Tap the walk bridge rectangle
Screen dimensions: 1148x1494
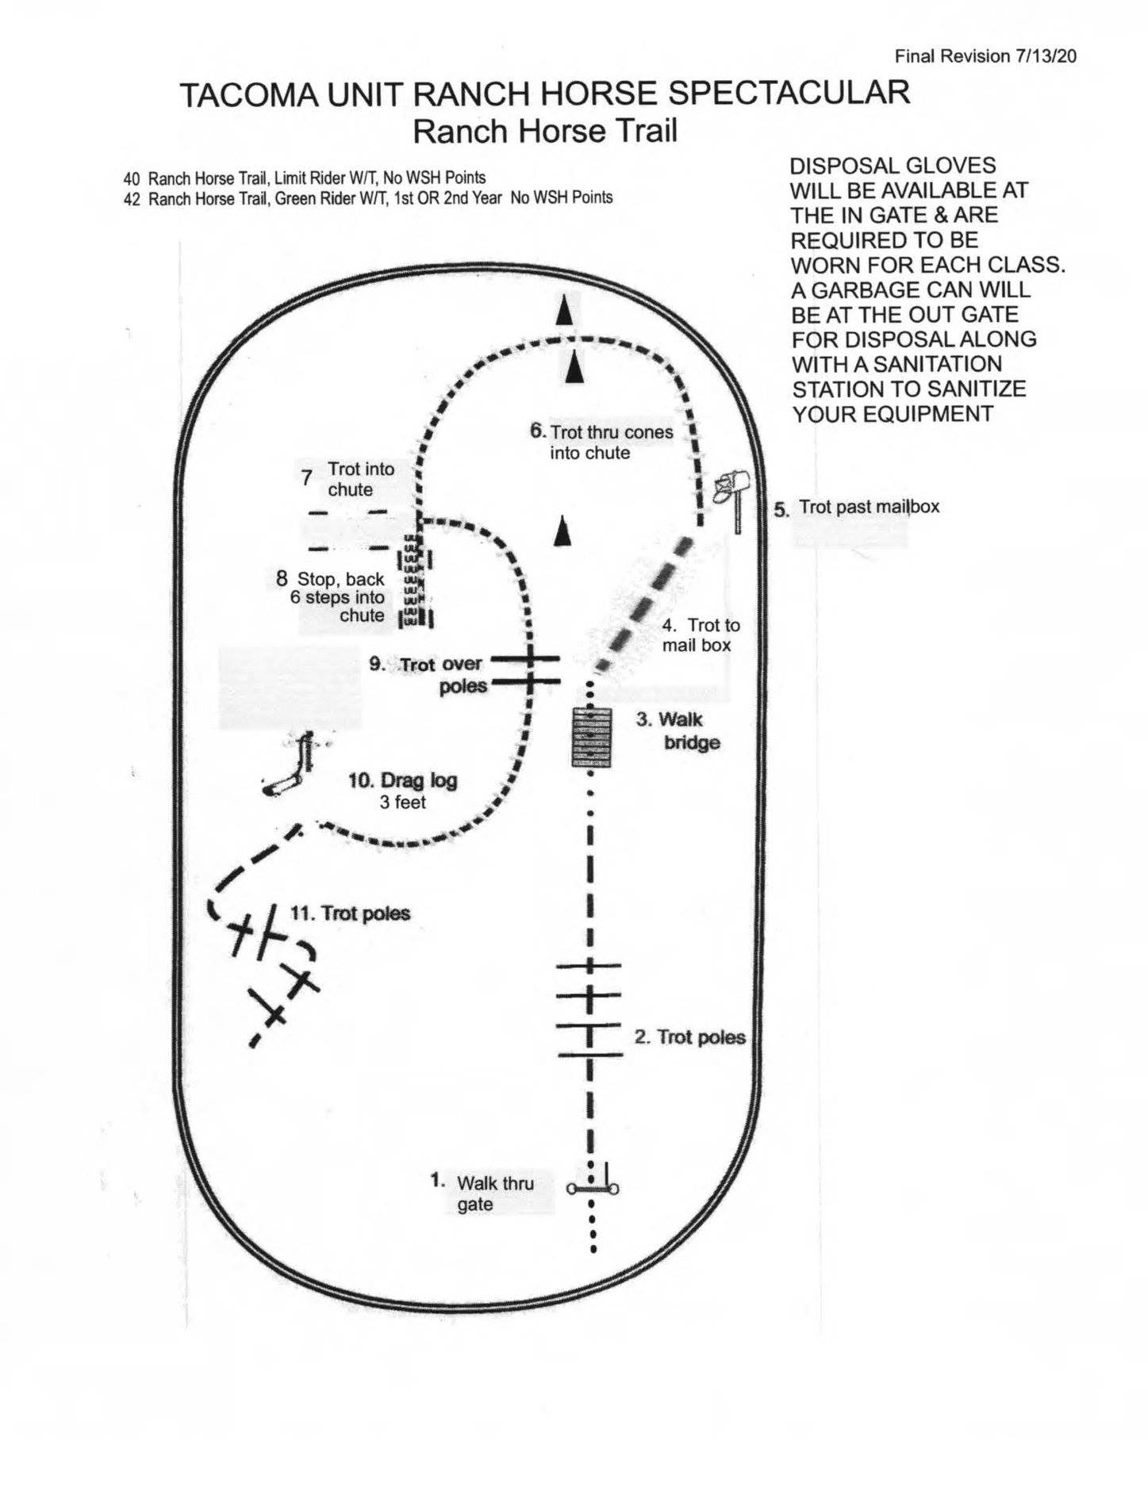point(593,737)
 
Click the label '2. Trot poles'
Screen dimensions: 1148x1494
point(689,1037)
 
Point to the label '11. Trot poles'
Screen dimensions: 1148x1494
point(350,914)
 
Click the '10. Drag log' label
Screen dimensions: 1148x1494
point(403,780)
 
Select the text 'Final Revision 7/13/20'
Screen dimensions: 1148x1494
point(985,56)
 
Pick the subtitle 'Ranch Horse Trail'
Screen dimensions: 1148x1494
point(545,131)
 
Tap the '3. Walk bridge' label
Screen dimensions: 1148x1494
point(678,731)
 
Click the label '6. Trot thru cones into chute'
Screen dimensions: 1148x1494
point(601,442)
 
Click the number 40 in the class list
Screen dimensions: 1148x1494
point(131,178)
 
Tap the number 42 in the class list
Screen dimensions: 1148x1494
point(131,199)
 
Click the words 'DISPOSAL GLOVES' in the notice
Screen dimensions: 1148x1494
point(893,166)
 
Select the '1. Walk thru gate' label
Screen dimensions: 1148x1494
point(482,1193)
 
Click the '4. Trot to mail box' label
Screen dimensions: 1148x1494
point(701,635)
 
